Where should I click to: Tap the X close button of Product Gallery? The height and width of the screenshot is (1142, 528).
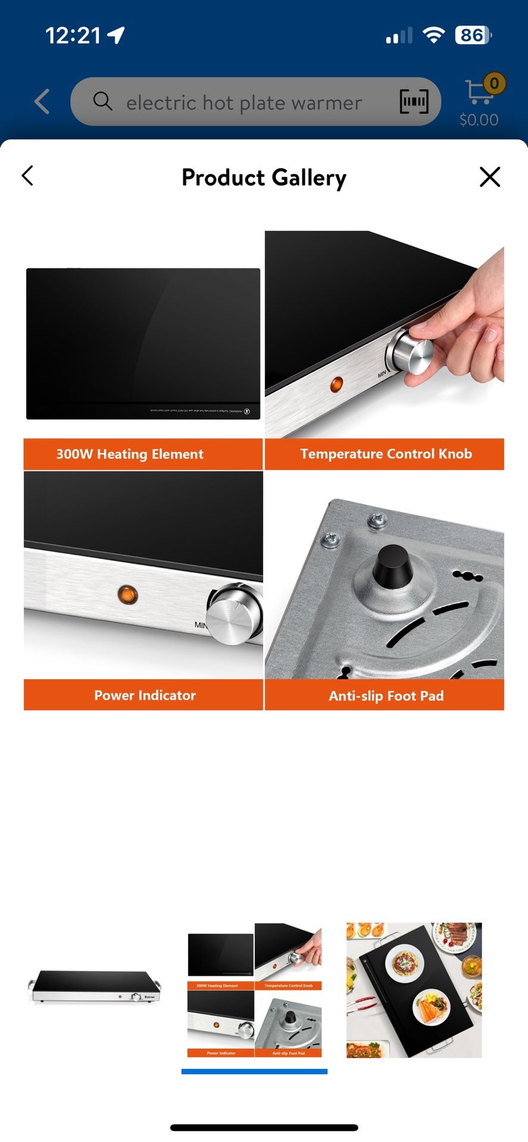click(489, 177)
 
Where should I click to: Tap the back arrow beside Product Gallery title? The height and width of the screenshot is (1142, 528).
click(27, 175)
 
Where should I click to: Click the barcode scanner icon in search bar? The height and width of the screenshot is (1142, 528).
click(413, 102)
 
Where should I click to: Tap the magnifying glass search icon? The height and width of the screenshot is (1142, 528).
click(102, 101)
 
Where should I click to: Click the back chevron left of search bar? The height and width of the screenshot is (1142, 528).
click(42, 102)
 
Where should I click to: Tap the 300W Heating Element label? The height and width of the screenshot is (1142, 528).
click(130, 454)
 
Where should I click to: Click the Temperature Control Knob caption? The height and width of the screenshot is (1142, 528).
click(386, 454)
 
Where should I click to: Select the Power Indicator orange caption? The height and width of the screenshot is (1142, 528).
click(145, 695)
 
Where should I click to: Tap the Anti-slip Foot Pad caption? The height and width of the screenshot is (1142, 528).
click(386, 696)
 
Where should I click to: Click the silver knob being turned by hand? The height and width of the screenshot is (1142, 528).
click(412, 352)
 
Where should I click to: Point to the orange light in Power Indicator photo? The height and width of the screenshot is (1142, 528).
click(127, 594)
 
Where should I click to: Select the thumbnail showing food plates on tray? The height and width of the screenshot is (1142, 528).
click(414, 990)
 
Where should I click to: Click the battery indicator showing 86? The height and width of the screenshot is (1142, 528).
click(473, 35)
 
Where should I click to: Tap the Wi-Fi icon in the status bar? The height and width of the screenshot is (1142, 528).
click(433, 35)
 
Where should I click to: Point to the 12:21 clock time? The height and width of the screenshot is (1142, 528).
click(73, 36)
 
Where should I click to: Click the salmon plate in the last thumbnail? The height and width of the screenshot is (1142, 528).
click(431, 1006)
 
